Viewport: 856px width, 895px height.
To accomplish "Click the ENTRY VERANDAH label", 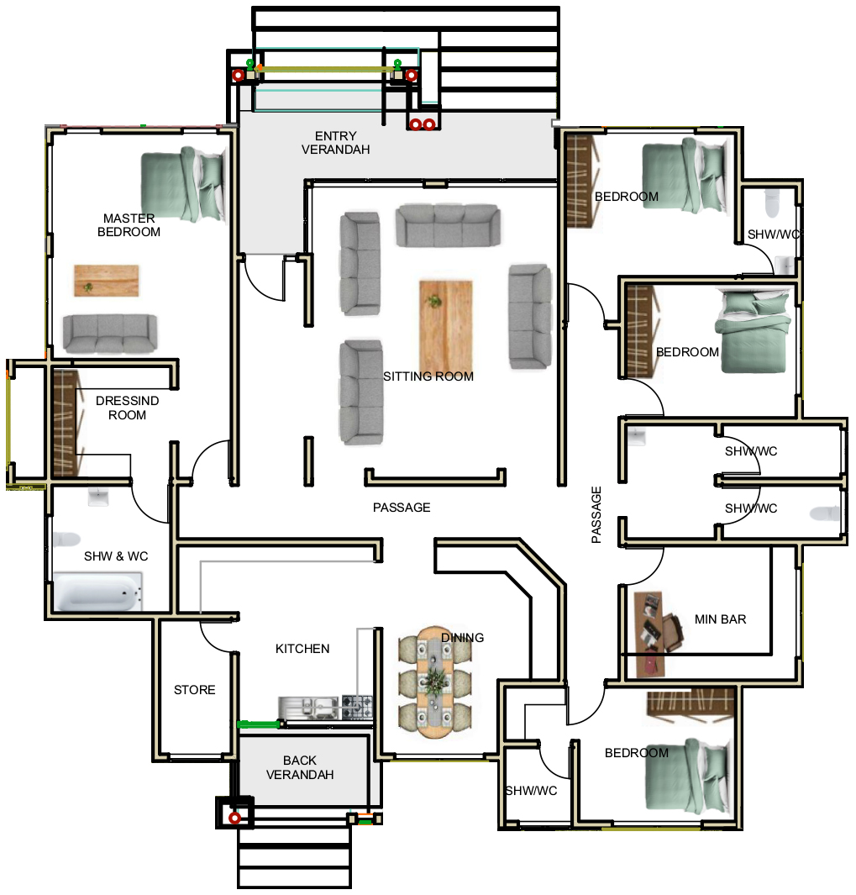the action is click(x=335, y=143).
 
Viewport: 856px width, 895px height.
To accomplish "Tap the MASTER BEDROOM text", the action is click(x=129, y=225).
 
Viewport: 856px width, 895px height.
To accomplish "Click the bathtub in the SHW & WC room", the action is click(x=97, y=592).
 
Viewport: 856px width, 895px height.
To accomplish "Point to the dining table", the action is click(x=435, y=682).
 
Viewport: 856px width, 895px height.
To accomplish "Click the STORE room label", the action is click(x=195, y=689).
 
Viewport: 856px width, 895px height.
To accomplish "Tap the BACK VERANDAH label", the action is click(x=300, y=767).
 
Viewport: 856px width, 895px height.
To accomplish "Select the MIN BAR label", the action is click(x=720, y=619).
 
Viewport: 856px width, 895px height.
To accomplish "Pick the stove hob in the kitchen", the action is click(x=357, y=707).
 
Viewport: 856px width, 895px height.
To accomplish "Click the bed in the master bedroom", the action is click(x=182, y=184).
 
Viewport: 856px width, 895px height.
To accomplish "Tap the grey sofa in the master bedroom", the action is click(x=109, y=334).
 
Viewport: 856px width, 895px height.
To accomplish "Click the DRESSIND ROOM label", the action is click(x=127, y=408).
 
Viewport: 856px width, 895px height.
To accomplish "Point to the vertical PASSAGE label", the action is click(x=596, y=514).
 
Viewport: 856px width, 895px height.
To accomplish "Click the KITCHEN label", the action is click(x=302, y=649).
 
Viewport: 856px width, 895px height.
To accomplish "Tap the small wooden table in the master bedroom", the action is click(x=106, y=280).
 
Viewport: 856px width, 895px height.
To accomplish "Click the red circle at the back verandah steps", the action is click(x=234, y=818).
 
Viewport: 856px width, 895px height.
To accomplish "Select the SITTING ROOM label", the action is click(x=428, y=376).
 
